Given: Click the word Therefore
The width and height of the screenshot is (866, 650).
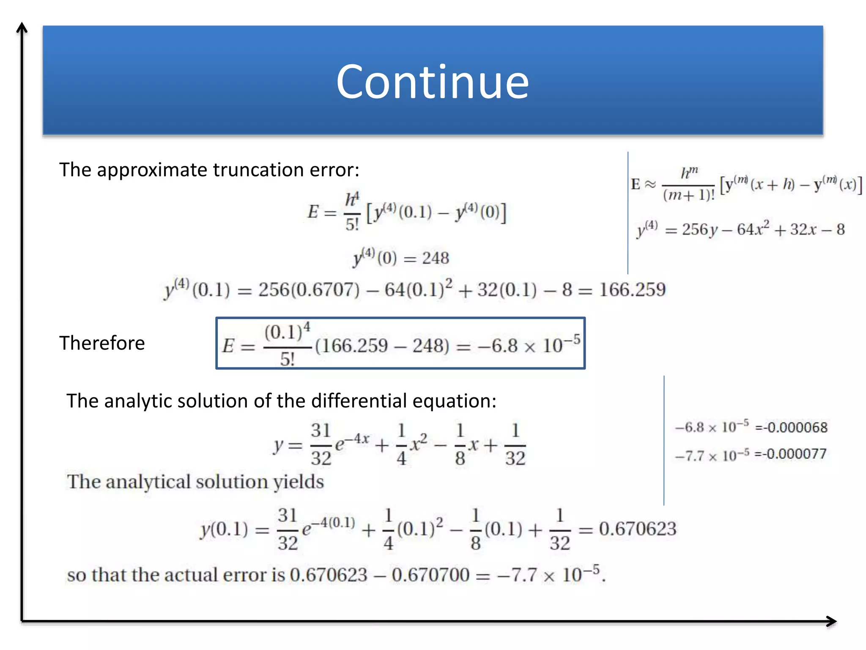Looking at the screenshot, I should [102, 343].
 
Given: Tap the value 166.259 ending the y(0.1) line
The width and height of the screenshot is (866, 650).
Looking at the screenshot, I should [632, 290].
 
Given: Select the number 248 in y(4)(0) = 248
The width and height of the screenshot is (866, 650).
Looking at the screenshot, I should [436, 258].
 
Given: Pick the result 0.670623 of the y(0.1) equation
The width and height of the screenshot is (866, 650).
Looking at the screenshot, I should [638, 529].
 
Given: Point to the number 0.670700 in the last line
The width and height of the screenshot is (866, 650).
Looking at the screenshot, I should [430, 575].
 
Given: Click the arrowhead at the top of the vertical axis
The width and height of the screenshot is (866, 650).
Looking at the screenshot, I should [22, 28].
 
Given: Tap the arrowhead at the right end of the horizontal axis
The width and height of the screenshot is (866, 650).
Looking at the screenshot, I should [832, 621].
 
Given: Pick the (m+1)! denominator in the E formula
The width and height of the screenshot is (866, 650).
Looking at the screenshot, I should [688, 196].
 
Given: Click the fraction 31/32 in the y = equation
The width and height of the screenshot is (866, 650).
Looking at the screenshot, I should [321, 444].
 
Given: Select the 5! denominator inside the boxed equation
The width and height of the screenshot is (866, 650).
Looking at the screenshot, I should [287, 360].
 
